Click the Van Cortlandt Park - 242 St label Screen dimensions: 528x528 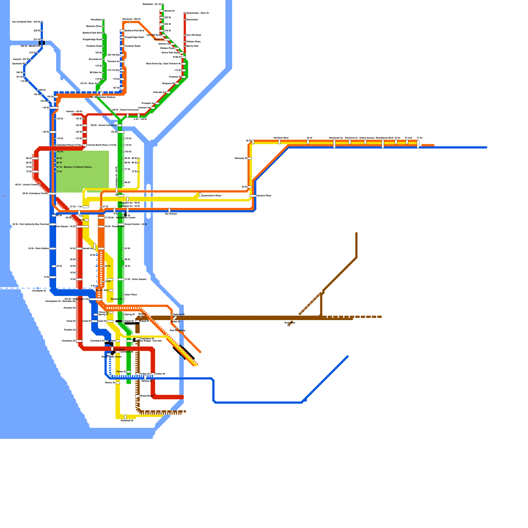coord(26,22)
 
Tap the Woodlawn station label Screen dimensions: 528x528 coord(96,20)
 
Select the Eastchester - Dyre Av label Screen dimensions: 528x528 coord(198,13)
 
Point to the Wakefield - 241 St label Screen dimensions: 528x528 coord(152,4)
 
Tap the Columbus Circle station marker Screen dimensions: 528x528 coord(52,194)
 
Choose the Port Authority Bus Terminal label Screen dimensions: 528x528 coord(30,224)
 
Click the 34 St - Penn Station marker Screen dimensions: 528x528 coord(53,248)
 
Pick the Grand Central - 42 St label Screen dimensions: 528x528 coord(136,224)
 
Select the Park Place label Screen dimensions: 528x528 coord(119,349)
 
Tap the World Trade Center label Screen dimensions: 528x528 coord(112,357)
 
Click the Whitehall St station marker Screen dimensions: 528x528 coord(125,417)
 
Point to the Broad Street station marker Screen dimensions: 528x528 coord(138,396)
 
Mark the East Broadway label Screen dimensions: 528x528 coord(178,330)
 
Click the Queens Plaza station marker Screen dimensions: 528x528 coord(253,196)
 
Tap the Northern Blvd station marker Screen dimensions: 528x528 coord(280,142)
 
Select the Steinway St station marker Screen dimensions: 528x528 coord(250,158)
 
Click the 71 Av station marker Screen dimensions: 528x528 coord(418,144)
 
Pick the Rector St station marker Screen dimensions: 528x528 coord(118,383)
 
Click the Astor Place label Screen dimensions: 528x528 coord(131,295)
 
